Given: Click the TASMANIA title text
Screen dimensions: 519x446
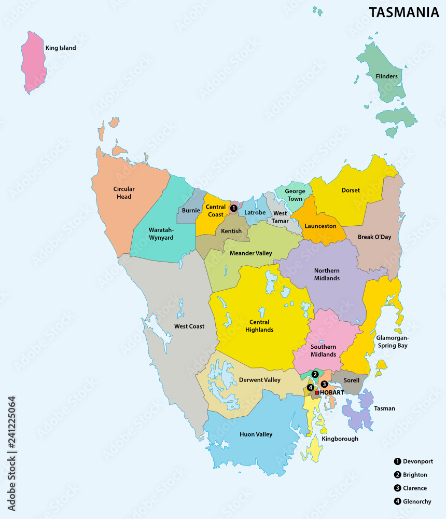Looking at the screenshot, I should coord(403,12).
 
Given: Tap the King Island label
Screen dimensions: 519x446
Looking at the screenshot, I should coord(60,48).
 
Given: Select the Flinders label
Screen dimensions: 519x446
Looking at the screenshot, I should coord(386,76).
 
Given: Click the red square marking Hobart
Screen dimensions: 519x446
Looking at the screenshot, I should coord(317,393).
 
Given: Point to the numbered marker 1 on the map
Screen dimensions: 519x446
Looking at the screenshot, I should coord(233,208).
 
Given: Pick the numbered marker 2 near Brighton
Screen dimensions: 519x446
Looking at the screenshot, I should coord(315,374).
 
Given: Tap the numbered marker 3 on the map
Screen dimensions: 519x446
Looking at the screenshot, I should coord(324,384).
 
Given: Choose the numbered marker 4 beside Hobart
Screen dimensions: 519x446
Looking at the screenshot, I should coord(310,387).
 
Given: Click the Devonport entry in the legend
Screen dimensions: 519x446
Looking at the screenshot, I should coord(413,461).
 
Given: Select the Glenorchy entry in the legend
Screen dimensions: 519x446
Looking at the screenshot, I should coord(413,501).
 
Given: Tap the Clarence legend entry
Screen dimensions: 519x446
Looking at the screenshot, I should coord(410,488).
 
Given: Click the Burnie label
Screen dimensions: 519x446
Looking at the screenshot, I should coord(191,211).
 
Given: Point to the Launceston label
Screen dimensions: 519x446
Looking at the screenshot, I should coord(320,226).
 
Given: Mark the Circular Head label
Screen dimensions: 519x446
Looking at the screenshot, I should coord(124,193).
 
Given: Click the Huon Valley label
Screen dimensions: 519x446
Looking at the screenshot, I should coord(256,434).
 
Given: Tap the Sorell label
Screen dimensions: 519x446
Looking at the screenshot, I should coord(351,380).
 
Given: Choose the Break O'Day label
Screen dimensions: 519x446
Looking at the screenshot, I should coord(374,237).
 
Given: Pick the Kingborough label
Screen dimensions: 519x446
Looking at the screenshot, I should coord(340,439).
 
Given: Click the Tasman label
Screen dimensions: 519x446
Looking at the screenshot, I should coord(384,408).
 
